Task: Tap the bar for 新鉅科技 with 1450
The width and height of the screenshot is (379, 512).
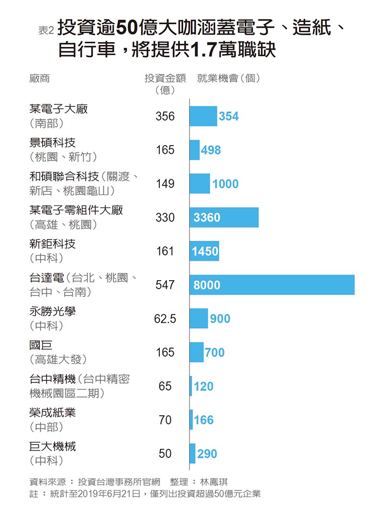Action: (x=204, y=251)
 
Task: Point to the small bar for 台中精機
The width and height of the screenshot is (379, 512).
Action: (x=191, y=386)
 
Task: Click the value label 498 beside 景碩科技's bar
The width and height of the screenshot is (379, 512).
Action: (x=211, y=150)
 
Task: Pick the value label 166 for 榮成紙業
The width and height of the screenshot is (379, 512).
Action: (x=204, y=420)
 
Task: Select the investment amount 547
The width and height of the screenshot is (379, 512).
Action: (x=165, y=285)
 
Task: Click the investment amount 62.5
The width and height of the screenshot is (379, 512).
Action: (x=165, y=319)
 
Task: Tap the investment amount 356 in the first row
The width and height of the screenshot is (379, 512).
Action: (x=165, y=116)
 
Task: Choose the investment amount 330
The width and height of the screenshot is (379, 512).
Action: (x=165, y=217)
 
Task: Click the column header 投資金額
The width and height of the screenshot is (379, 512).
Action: (x=165, y=79)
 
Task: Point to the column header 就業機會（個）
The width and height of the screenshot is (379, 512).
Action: (x=229, y=79)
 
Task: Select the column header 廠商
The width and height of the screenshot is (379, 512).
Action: (x=39, y=79)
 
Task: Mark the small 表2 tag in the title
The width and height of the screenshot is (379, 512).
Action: (x=46, y=30)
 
